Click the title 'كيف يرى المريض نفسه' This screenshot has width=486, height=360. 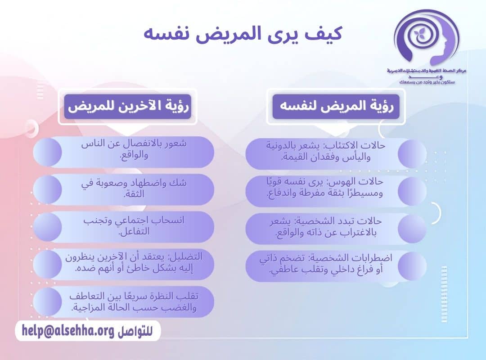coord(243,34)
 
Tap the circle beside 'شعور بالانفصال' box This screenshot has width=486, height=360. coord(48,151)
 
